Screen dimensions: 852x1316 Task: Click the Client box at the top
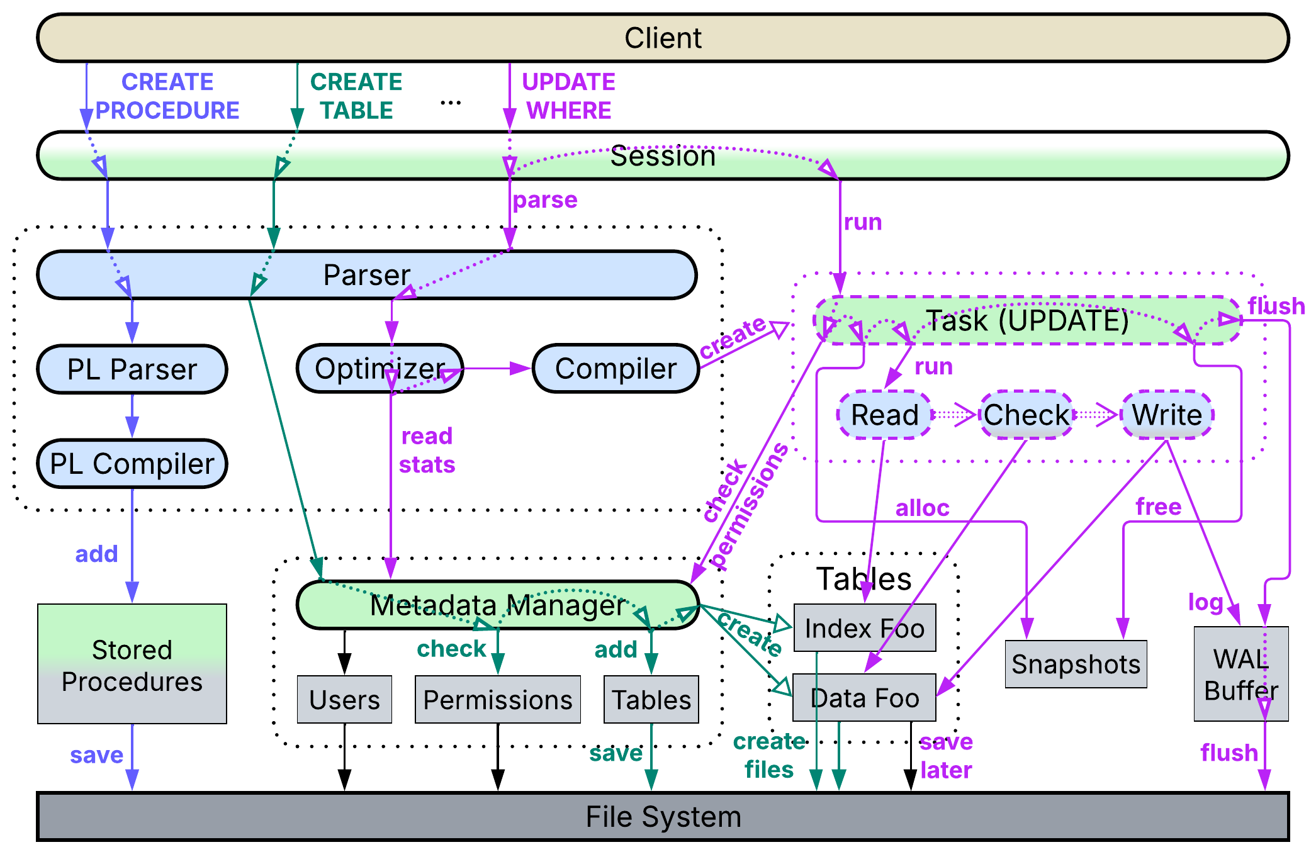(x=662, y=38)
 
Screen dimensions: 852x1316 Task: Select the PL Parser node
(x=132, y=369)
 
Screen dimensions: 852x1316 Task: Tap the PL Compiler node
(x=132, y=464)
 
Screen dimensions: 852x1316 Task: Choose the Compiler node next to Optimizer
(x=616, y=369)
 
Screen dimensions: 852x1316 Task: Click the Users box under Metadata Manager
(x=344, y=700)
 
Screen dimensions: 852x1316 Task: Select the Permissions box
(x=497, y=700)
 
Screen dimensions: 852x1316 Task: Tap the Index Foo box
(x=864, y=628)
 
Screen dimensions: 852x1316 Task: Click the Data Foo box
(x=864, y=698)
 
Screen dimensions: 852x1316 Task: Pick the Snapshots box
(x=1076, y=664)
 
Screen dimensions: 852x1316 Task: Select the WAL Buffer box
(x=1240, y=674)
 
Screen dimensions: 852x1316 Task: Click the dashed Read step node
(x=884, y=415)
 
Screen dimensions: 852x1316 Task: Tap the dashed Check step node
(x=1026, y=415)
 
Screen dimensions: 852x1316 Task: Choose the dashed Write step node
(x=1167, y=415)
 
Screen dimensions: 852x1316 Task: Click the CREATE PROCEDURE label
(x=167, y=96)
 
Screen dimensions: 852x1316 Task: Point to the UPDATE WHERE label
(x=568, y=96)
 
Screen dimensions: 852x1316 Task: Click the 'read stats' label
(x=427, y=451)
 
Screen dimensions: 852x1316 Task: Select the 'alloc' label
(x=922, y=508)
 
